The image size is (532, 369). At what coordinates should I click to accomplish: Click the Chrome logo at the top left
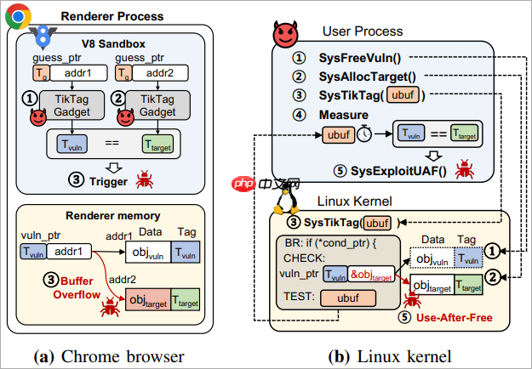[18, 15]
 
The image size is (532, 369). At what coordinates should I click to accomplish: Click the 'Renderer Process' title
[111, 14]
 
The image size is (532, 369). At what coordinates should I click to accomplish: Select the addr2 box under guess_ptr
[161, 74]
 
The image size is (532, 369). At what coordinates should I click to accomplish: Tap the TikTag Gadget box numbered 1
[73, 105]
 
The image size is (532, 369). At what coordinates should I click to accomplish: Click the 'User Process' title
[363, 31]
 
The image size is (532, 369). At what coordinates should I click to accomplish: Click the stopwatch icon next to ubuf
[364, 134]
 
